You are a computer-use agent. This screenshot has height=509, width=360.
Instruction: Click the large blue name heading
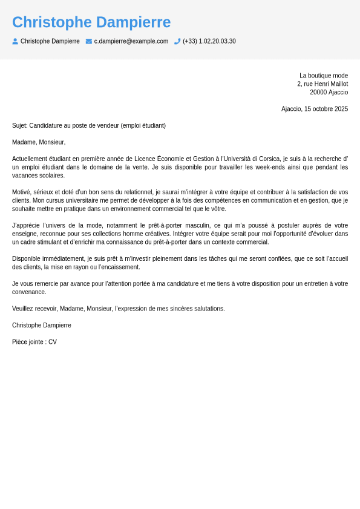91,22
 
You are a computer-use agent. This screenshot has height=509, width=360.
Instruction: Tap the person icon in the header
15,41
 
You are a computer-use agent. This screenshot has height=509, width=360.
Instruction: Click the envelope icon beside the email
89,41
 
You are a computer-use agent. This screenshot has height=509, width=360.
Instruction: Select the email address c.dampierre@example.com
131,41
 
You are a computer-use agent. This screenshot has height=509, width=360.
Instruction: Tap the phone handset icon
177,41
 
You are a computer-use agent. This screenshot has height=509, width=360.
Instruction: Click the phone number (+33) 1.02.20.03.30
209,41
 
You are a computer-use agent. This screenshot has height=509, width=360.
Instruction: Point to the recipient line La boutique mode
324,76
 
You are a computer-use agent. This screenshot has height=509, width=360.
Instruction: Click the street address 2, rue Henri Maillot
322,84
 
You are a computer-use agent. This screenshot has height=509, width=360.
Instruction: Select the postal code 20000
318,93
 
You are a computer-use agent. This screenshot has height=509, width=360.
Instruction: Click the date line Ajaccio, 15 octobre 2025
315,109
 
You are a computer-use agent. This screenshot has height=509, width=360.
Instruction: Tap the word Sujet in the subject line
19,126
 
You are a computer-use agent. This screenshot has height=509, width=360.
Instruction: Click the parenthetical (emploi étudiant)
143,126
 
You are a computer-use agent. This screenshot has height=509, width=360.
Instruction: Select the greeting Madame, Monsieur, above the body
39,142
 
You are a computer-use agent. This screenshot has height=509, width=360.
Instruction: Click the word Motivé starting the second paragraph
22,192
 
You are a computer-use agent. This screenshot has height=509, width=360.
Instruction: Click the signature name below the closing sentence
42,326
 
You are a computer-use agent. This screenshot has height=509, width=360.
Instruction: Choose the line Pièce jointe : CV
34,342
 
